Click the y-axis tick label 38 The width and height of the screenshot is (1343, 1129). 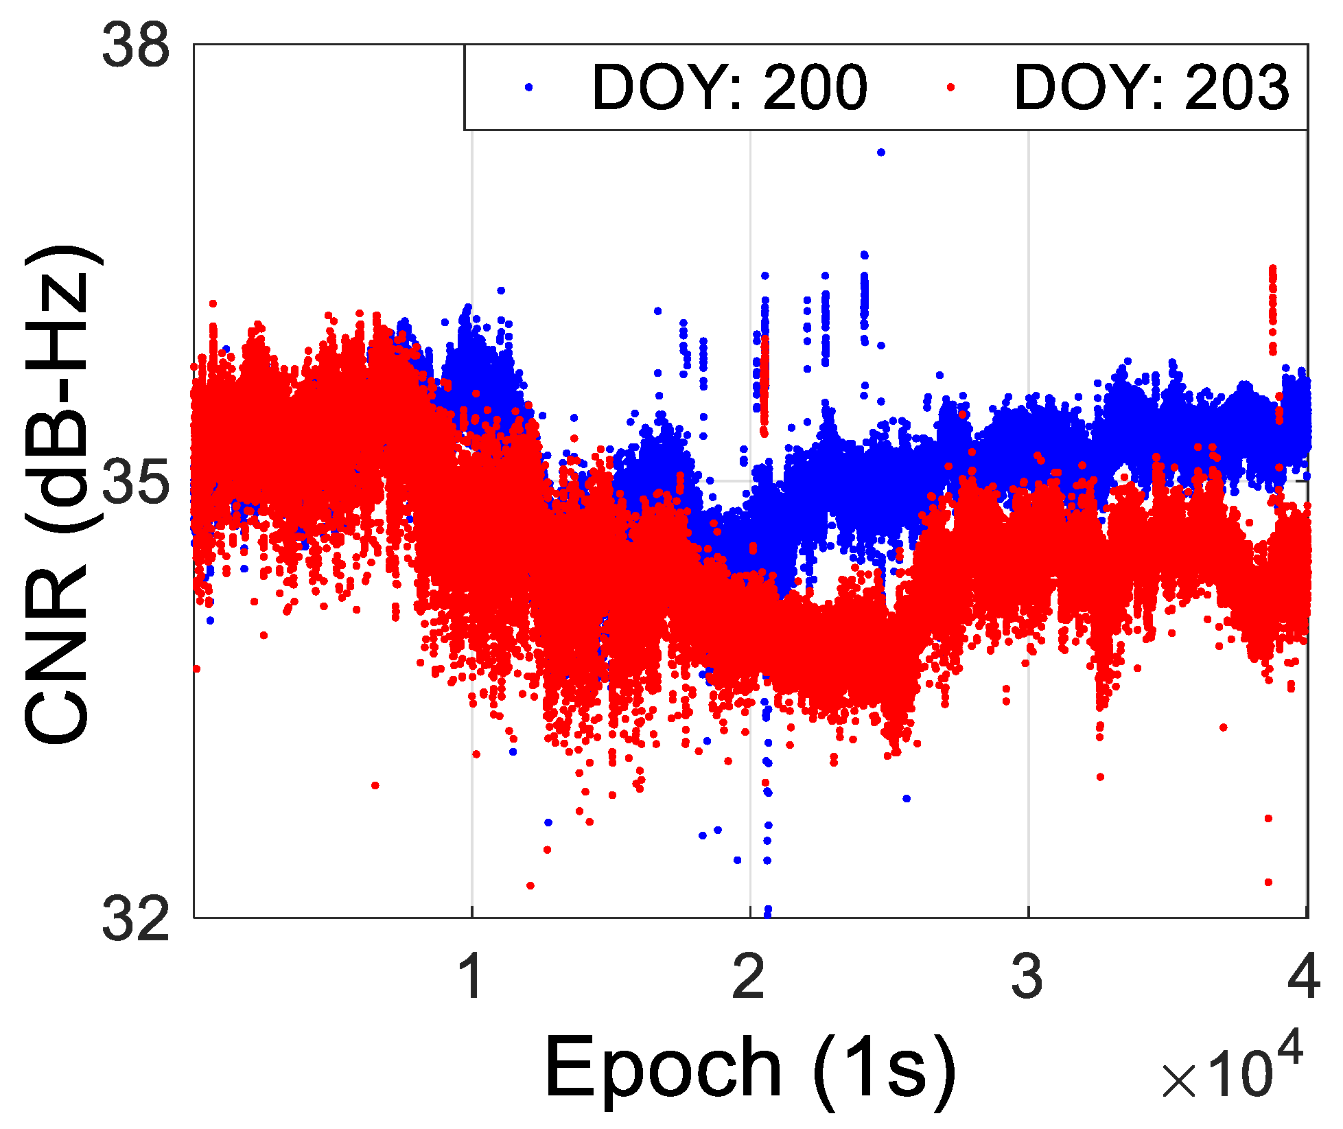point(135,47)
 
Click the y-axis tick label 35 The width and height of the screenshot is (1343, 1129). point(135,482)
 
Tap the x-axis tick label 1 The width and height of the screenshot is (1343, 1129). point(472,976)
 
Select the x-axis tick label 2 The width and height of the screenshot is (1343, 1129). point(750,976)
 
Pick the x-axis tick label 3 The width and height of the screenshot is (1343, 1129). point(1028,976)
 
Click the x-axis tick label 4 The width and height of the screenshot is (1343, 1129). point(1304,976)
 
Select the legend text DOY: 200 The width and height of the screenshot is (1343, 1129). point(729,88)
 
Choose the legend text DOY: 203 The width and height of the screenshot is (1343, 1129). point(1152,88)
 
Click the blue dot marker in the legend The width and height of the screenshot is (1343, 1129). point(528,87)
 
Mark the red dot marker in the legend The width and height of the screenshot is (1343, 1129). point(950,87)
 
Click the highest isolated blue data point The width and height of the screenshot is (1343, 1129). point(881,152)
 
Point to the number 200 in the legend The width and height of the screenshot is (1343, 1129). point(815,88)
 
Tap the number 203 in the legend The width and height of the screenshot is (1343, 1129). point(1237,88)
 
